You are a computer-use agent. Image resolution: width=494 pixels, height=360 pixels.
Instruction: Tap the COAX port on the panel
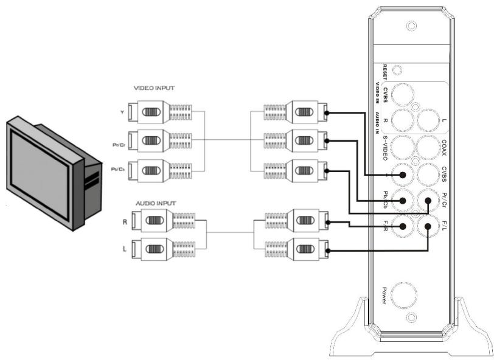[x=430, y=147]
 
